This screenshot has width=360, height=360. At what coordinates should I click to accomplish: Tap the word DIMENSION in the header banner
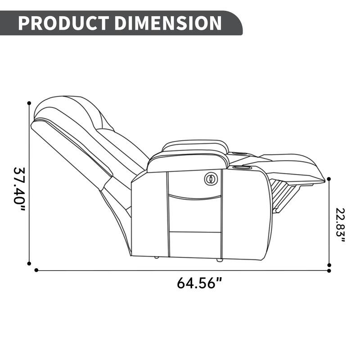(x=167, y=23)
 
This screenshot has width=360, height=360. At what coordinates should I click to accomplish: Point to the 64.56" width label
(x=199, y=283)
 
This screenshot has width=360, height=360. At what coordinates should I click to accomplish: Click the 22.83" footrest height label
(x=340, y=225)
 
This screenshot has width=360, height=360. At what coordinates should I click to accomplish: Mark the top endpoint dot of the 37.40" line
(x=30, y=103)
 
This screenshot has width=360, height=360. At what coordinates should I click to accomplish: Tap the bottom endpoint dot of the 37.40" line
(x=30, y=264)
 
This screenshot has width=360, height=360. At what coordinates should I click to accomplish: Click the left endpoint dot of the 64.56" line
(x=36, y=270)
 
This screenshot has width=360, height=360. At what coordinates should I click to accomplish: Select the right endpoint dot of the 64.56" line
(x=329, y=270)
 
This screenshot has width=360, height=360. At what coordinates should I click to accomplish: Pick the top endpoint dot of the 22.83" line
(x=329, y=179)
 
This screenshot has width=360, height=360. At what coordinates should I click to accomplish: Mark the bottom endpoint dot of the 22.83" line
(x=329, y=265)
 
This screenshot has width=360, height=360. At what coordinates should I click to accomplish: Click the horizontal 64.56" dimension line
(x=180, y=270)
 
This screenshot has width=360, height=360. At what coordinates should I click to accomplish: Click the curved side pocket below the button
(x=194, y=195)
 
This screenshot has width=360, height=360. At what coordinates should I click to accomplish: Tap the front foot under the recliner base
(x=219, y=260)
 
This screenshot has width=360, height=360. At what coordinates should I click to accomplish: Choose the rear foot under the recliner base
(x=155, y=258)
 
